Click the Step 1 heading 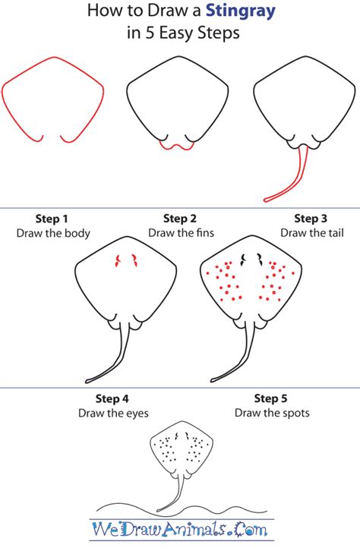coord(52,219)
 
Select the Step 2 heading coord(180,219)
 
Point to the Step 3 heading coord(311,219)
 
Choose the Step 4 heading coord(112,398)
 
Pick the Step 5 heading coord(271,398)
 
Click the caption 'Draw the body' coord(52,233)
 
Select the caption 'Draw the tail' coord(311,233)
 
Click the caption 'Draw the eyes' coord(112,413)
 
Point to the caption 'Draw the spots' coord(271,413)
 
